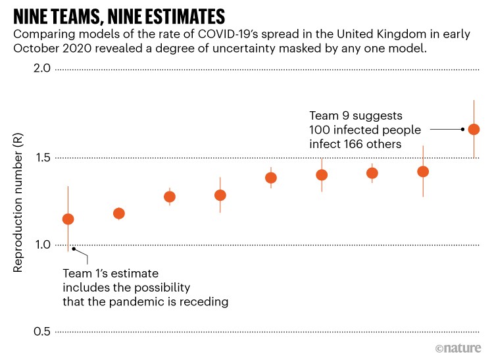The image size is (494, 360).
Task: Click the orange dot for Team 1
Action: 68,219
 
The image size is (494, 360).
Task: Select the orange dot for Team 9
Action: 474,129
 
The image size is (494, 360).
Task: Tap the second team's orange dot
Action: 119,213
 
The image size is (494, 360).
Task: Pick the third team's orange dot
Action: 170,197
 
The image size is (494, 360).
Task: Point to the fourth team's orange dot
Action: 220,195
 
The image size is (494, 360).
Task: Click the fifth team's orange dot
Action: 271,178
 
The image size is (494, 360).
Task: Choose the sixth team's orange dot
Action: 322,175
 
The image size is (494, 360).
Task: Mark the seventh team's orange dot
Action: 372,173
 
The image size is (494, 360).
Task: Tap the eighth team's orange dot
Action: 423,172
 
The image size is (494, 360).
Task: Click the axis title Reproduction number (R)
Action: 18,202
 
